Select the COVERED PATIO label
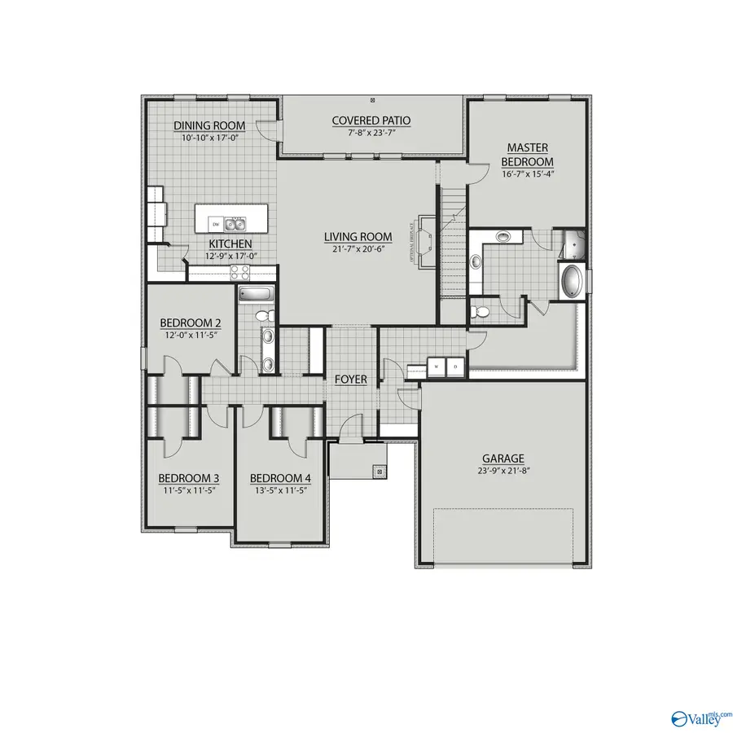coord(371,121)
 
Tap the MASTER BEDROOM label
coord(528,154)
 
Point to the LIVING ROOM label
coord(358,237)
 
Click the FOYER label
coord(350,380)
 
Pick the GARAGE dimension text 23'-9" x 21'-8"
coord(502,471)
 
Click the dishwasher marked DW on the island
coord(216,222)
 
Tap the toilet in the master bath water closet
coord(481,311)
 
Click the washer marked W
coord(437,366)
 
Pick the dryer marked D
coord(456,366)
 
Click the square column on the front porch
coord(379,470)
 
